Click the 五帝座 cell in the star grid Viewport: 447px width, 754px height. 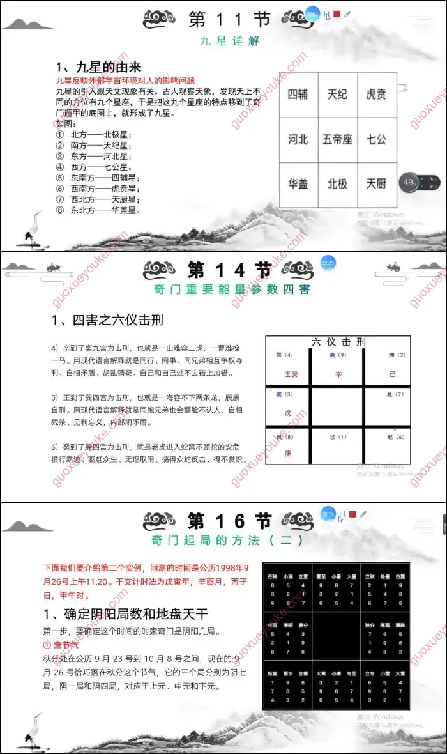(x=337, y=139)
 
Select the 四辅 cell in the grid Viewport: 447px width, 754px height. (x=298, y=95)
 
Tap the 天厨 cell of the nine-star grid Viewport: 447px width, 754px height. (x=376, y=184)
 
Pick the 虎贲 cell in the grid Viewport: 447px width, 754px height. (x=376, y=95)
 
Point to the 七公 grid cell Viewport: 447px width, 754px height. (x=376, y=139)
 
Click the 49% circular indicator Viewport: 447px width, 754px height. (x=409, y=183)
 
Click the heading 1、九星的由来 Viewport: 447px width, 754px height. (x=98, y=67)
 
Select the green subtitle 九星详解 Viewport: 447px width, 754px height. (x=221, y=42)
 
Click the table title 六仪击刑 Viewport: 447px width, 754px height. (x=338, y=342)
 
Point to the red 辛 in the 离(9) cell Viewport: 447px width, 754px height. (x=338, y=373)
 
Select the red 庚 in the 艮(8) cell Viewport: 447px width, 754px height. (x=287, y=453)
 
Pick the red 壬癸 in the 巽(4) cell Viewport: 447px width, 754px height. (x=291, y=373)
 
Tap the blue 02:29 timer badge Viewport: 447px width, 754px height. (x=328, y=263)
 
